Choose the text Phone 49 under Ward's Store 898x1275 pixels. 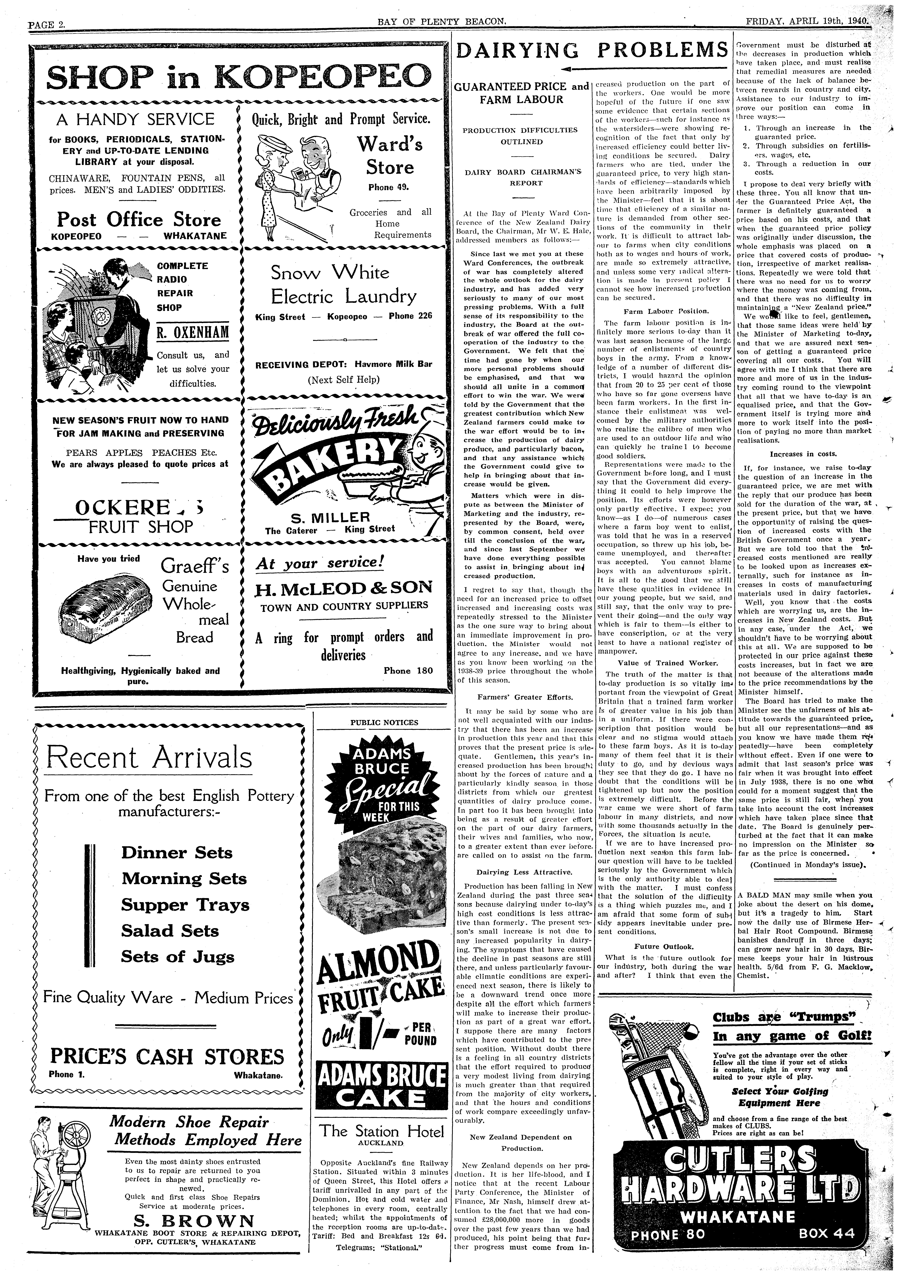387,187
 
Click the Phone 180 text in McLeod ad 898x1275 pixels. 408,670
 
